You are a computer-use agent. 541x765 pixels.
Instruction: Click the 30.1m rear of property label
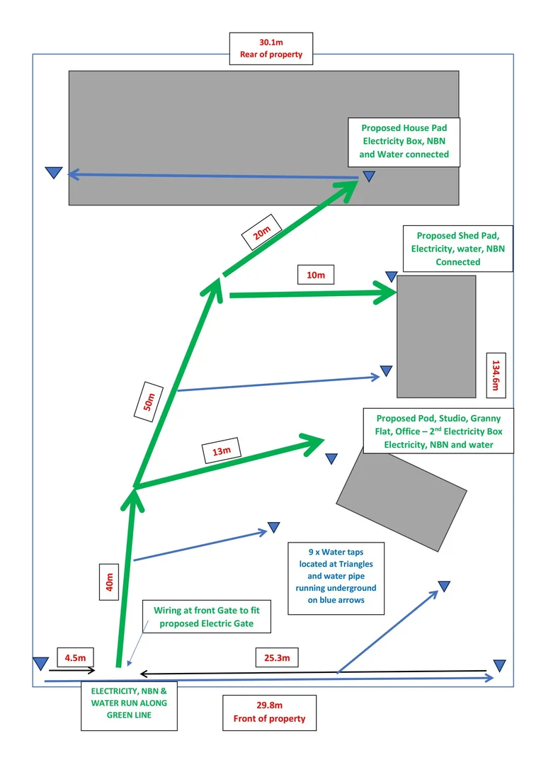point(271,48)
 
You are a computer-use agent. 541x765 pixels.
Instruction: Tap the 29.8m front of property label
point(269,712)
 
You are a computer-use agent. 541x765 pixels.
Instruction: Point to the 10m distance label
point(316,275)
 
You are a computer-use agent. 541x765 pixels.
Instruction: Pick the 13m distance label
point(222,450)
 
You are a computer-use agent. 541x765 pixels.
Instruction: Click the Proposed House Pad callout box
point(405,141)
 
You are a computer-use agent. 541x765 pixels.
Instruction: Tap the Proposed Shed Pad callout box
point(457,248)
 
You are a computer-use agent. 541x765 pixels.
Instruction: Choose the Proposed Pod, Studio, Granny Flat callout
point(438,431)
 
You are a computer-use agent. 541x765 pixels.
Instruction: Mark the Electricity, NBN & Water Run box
point(129,705)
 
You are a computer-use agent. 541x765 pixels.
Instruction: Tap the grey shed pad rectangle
point(435,336)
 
